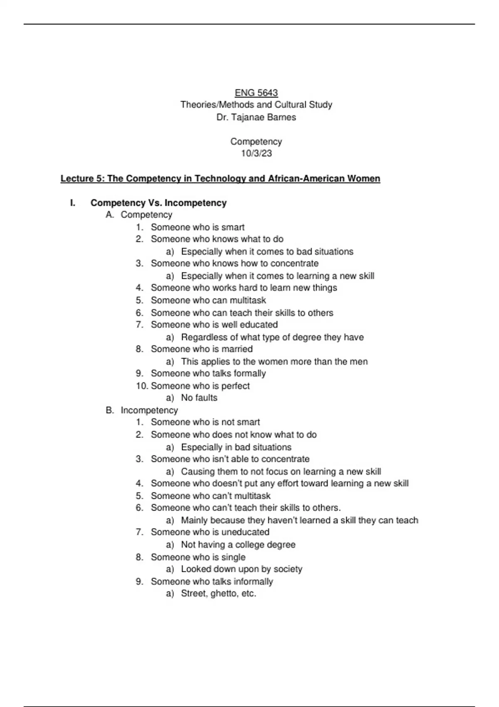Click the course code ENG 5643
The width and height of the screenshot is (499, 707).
coord(256,93)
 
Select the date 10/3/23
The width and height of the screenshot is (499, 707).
coord(256,153)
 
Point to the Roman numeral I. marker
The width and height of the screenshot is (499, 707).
coord(73,203)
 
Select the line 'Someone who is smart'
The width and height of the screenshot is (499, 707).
coord(198,227)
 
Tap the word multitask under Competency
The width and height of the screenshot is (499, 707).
coord(248,300)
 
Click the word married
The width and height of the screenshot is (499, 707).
coord(237,349)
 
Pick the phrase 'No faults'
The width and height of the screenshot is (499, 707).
coord(199,398)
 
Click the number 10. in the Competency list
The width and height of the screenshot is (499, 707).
coord(142,386)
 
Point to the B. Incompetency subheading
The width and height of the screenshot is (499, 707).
coord(142,410)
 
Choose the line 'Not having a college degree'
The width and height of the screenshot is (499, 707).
coord(238,545)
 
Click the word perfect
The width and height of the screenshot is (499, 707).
coord(235,386)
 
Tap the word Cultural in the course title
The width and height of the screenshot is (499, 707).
coord(286,105)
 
